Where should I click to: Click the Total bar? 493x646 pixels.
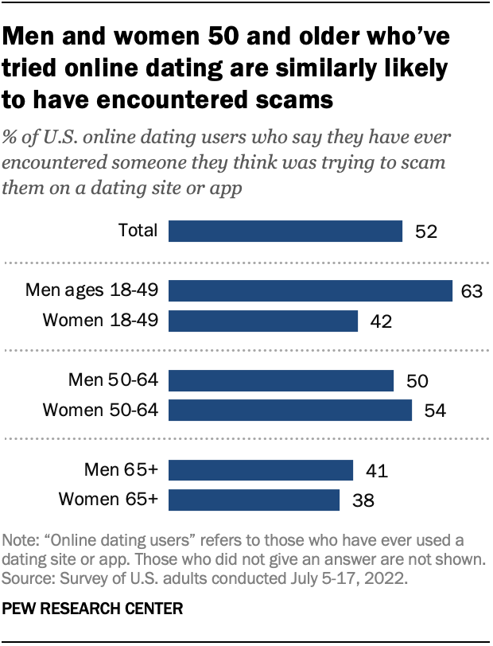[285, 231]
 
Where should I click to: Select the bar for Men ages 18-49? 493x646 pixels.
[310, 290]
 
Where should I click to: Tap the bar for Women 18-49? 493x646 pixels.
[263, 321]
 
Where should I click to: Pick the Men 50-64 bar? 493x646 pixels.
[281, 380]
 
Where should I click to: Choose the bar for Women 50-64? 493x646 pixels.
[290, 411]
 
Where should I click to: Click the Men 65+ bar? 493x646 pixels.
[261, 470]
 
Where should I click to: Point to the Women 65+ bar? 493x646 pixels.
[254, 500]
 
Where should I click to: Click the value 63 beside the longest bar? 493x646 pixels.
[472, 291]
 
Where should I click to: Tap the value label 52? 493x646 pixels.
[427, 232]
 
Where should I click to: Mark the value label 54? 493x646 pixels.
[433, 411]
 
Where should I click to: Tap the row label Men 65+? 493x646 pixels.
[122, 470]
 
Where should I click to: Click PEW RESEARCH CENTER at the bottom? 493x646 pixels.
[94, 609]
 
